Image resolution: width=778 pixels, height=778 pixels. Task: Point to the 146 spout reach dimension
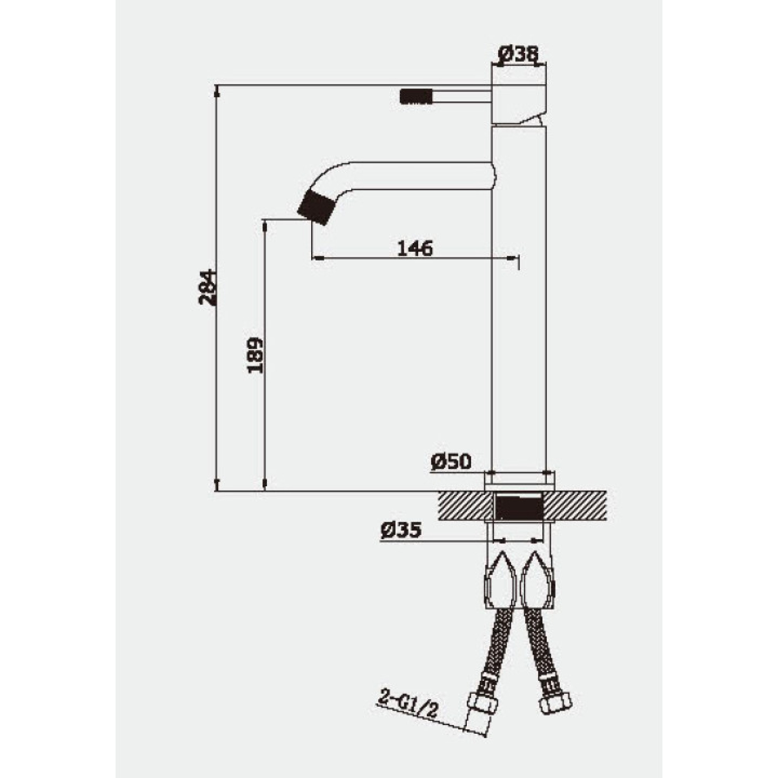coord(415,249)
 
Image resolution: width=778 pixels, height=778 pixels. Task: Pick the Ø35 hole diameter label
coord(401,531)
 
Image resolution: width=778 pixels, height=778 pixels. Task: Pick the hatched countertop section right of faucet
coord(576,506)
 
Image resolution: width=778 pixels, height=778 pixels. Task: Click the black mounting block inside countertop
coord(519,508)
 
